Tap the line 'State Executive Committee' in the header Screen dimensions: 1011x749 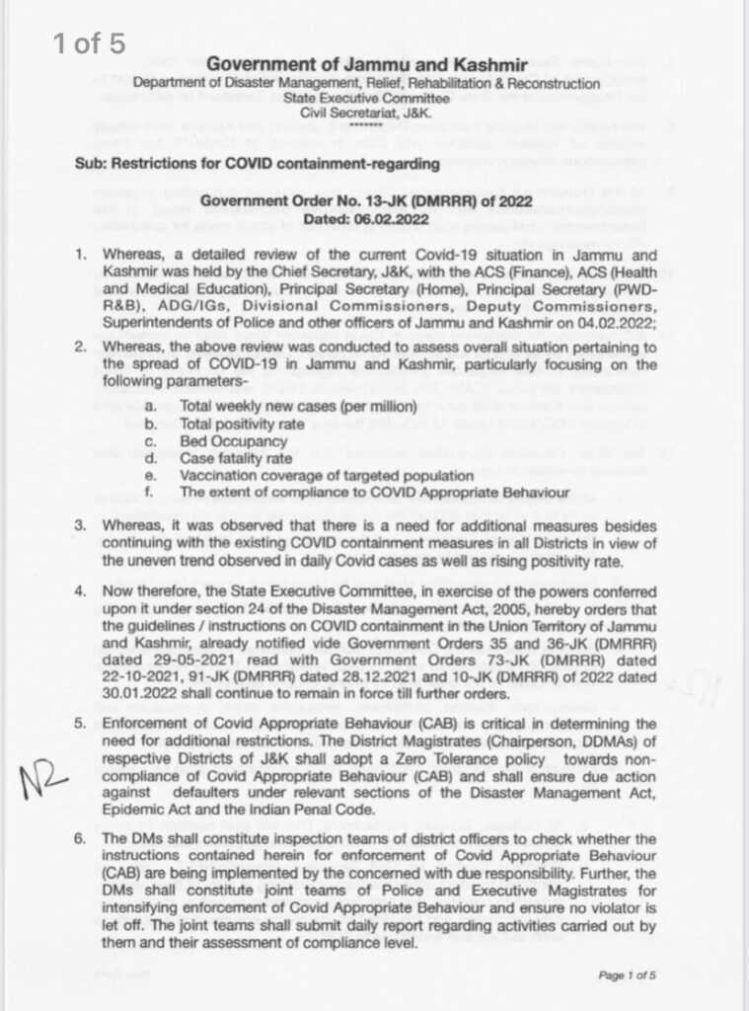coord(367,98)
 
